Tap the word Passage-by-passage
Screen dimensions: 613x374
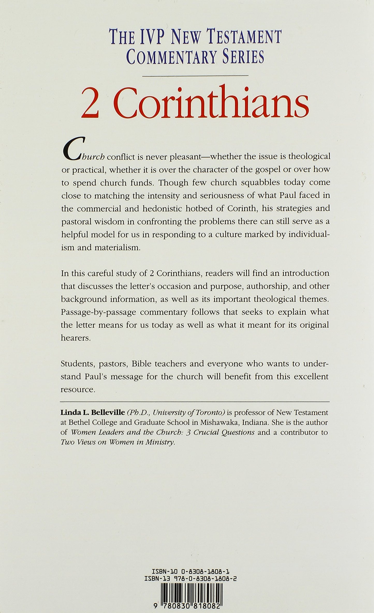[99, 312]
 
